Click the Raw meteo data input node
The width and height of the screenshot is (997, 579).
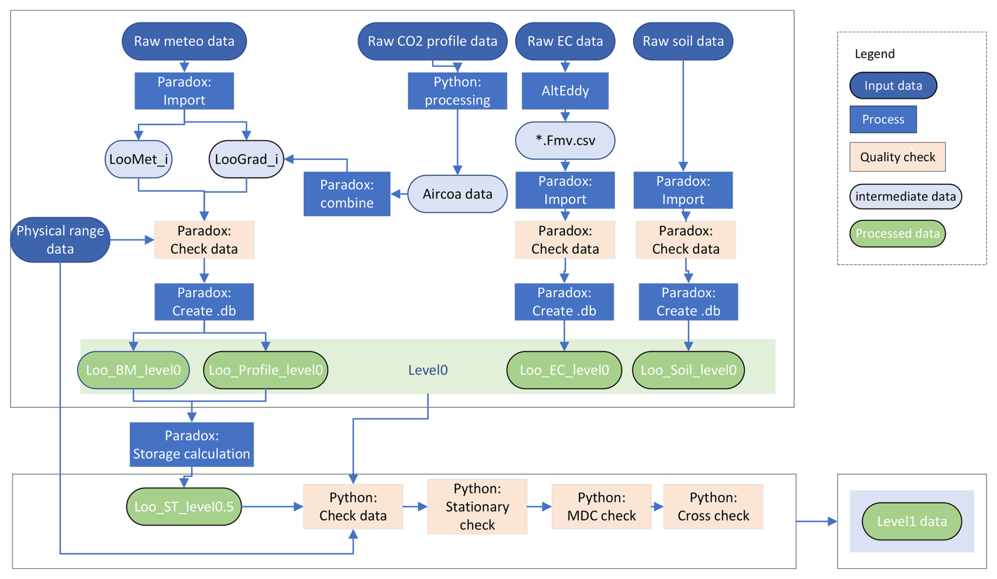184,41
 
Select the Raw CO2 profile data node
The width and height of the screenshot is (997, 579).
432,41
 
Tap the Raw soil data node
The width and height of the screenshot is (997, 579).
683,41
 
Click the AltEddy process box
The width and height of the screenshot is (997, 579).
565,91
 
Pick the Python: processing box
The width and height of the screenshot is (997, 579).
457,91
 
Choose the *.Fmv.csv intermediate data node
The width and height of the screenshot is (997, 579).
565,141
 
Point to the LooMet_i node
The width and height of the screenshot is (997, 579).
139,159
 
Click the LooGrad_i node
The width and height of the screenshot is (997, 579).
246,159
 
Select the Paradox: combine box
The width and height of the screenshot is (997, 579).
347,194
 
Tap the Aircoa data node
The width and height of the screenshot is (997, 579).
457,194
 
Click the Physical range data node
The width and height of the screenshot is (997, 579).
60,240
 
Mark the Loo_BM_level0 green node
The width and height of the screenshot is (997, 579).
133,370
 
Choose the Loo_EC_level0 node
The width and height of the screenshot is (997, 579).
564,370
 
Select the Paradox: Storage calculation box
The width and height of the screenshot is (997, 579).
191,445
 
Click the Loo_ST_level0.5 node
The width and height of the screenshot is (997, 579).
184,507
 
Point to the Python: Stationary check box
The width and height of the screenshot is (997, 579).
477,507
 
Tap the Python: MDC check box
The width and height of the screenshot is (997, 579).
601,507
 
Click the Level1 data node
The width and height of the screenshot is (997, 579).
912,522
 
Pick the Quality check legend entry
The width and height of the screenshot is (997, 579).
897,157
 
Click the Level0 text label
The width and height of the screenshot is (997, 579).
428,370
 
